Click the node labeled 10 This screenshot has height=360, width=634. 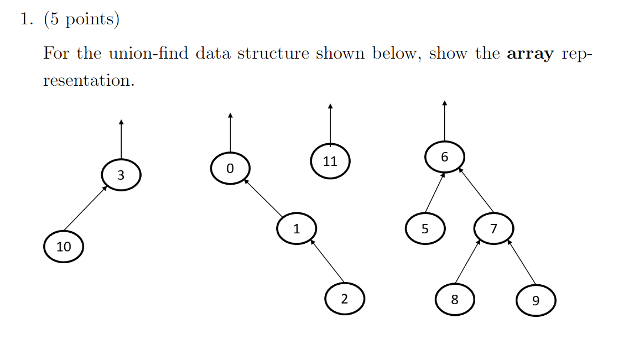(64, 247)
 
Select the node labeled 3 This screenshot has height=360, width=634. (121, 175)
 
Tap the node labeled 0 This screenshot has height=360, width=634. (230, 168)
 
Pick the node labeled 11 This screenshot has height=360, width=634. (330, 161)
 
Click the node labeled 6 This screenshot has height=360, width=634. (445, 157)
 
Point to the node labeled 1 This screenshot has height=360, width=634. (297, 228)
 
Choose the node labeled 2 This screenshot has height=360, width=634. (345, 299)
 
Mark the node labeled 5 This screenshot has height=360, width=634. (425, 228)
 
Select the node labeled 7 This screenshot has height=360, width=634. (493, 228)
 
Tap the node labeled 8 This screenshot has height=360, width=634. (455, 300)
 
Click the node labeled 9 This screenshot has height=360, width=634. (535, 301)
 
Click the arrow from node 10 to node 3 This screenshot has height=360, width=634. (85, 208)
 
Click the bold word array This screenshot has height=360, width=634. (530, 54)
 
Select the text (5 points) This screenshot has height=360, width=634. (82, 19)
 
